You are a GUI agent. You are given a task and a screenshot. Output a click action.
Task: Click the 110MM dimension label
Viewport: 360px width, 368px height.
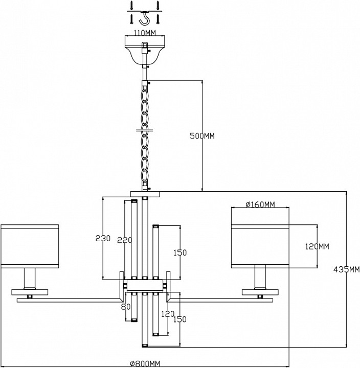pyautogui.click(x=144, y=33)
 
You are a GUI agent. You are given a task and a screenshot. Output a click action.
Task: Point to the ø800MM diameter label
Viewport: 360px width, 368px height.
pyautogui.click(x=145, y=363)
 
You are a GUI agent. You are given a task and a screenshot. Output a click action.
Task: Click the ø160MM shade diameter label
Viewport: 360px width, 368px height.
pyautogui.click(x=260, y=205)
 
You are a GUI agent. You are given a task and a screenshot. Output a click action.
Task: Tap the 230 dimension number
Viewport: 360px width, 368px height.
pyautogui.click(x=103, y=238)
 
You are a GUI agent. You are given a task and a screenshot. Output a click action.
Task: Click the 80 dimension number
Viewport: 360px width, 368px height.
pyautogui.click(x=123, y=307)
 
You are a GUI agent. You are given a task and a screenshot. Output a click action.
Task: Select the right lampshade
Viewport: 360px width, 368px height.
pyautogui.click(x=261, y=245)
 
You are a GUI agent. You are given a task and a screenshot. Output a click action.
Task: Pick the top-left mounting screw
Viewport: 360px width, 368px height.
pyautogui.click(x=131, y=4)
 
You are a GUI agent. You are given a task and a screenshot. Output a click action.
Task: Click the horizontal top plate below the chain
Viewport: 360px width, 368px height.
pyautogui.click(x=145, y=194)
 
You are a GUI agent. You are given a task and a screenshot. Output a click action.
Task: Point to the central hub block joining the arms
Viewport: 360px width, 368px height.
pyautogui.click(x=145, y=285)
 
